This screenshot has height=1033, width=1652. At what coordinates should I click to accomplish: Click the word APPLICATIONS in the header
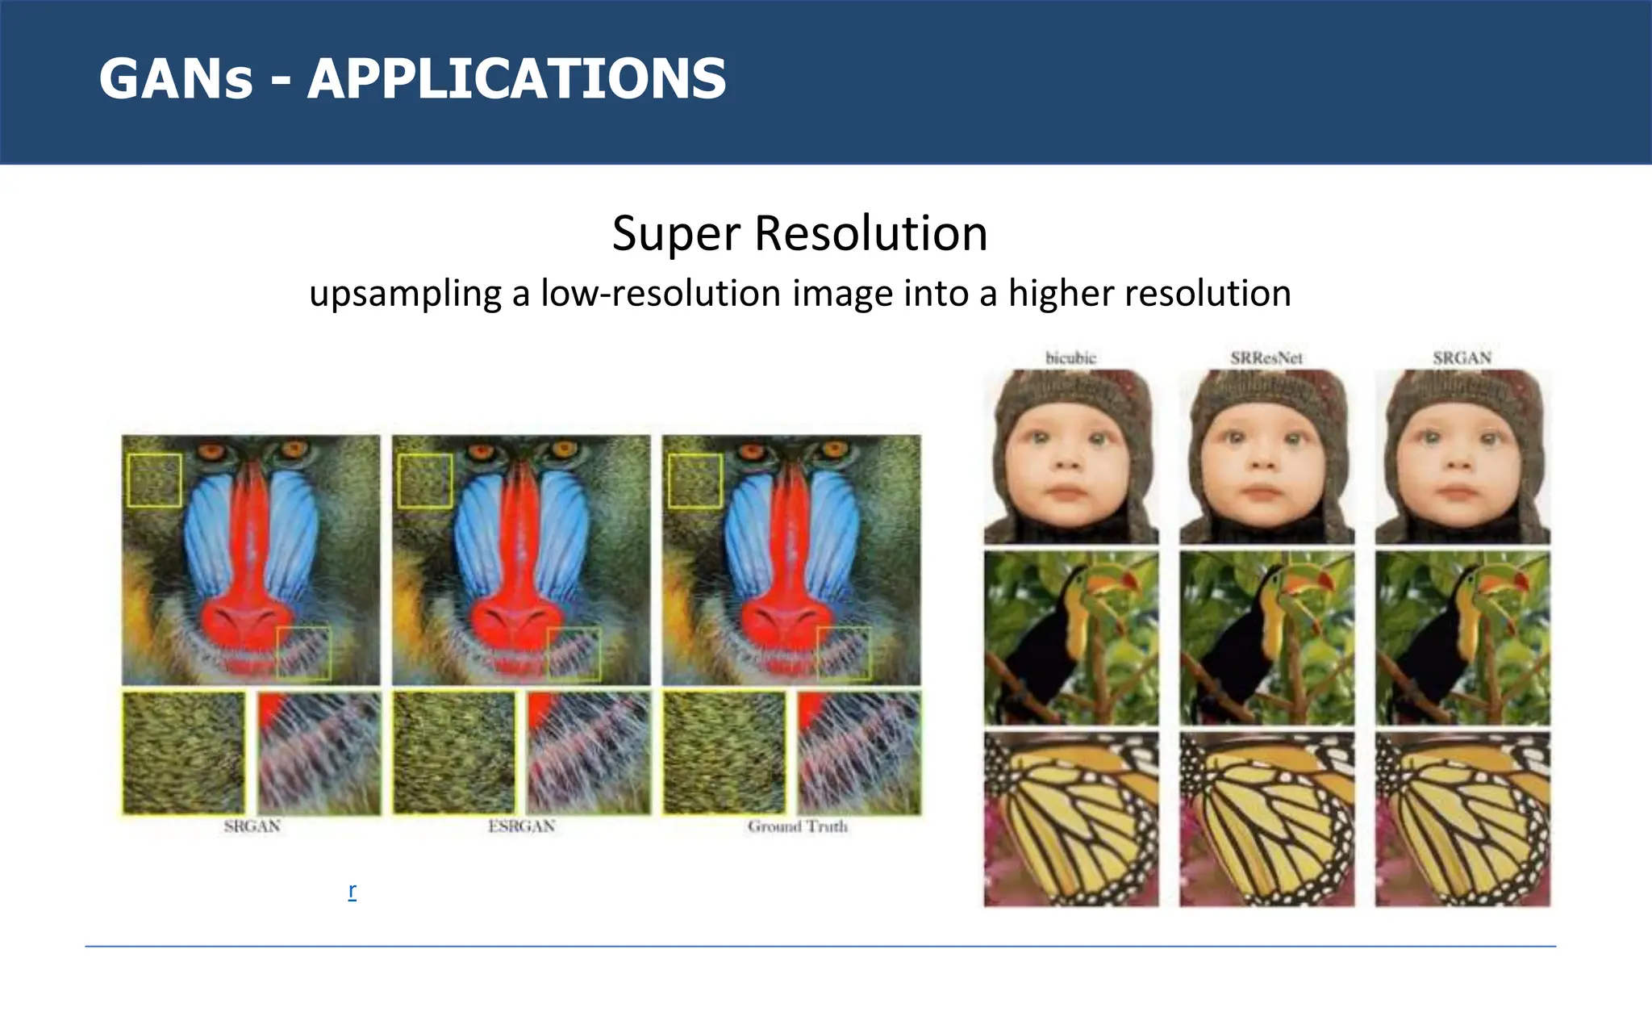pos(516,79)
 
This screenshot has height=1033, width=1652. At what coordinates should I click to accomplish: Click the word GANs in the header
pos(176,79)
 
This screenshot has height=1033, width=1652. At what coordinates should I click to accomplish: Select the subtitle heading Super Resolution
pos(799,234)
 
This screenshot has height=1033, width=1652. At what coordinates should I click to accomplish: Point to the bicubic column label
pos(1070,358)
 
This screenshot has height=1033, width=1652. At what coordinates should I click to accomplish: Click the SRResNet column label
pos(1266,358)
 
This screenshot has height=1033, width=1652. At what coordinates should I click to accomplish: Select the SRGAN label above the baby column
pos(1462,358)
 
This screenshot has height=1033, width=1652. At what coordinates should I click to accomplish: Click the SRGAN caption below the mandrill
pos(252,826)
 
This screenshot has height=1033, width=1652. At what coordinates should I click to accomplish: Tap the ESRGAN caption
pos(522,826)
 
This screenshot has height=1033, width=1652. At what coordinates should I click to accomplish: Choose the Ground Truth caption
pos(797,826)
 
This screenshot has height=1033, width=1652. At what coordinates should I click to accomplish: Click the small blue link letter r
pos(353,891)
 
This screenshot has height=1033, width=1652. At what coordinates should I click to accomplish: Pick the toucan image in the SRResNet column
pos(1266,638)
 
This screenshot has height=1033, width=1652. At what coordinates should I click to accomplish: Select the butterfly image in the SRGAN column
pos(1462,819)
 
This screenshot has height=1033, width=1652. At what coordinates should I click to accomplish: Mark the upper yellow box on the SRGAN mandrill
pos(154,480)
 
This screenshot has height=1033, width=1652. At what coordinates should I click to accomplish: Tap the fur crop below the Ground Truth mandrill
pos(724,752)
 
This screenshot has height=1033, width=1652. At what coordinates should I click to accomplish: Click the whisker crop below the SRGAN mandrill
pos(319,752)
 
